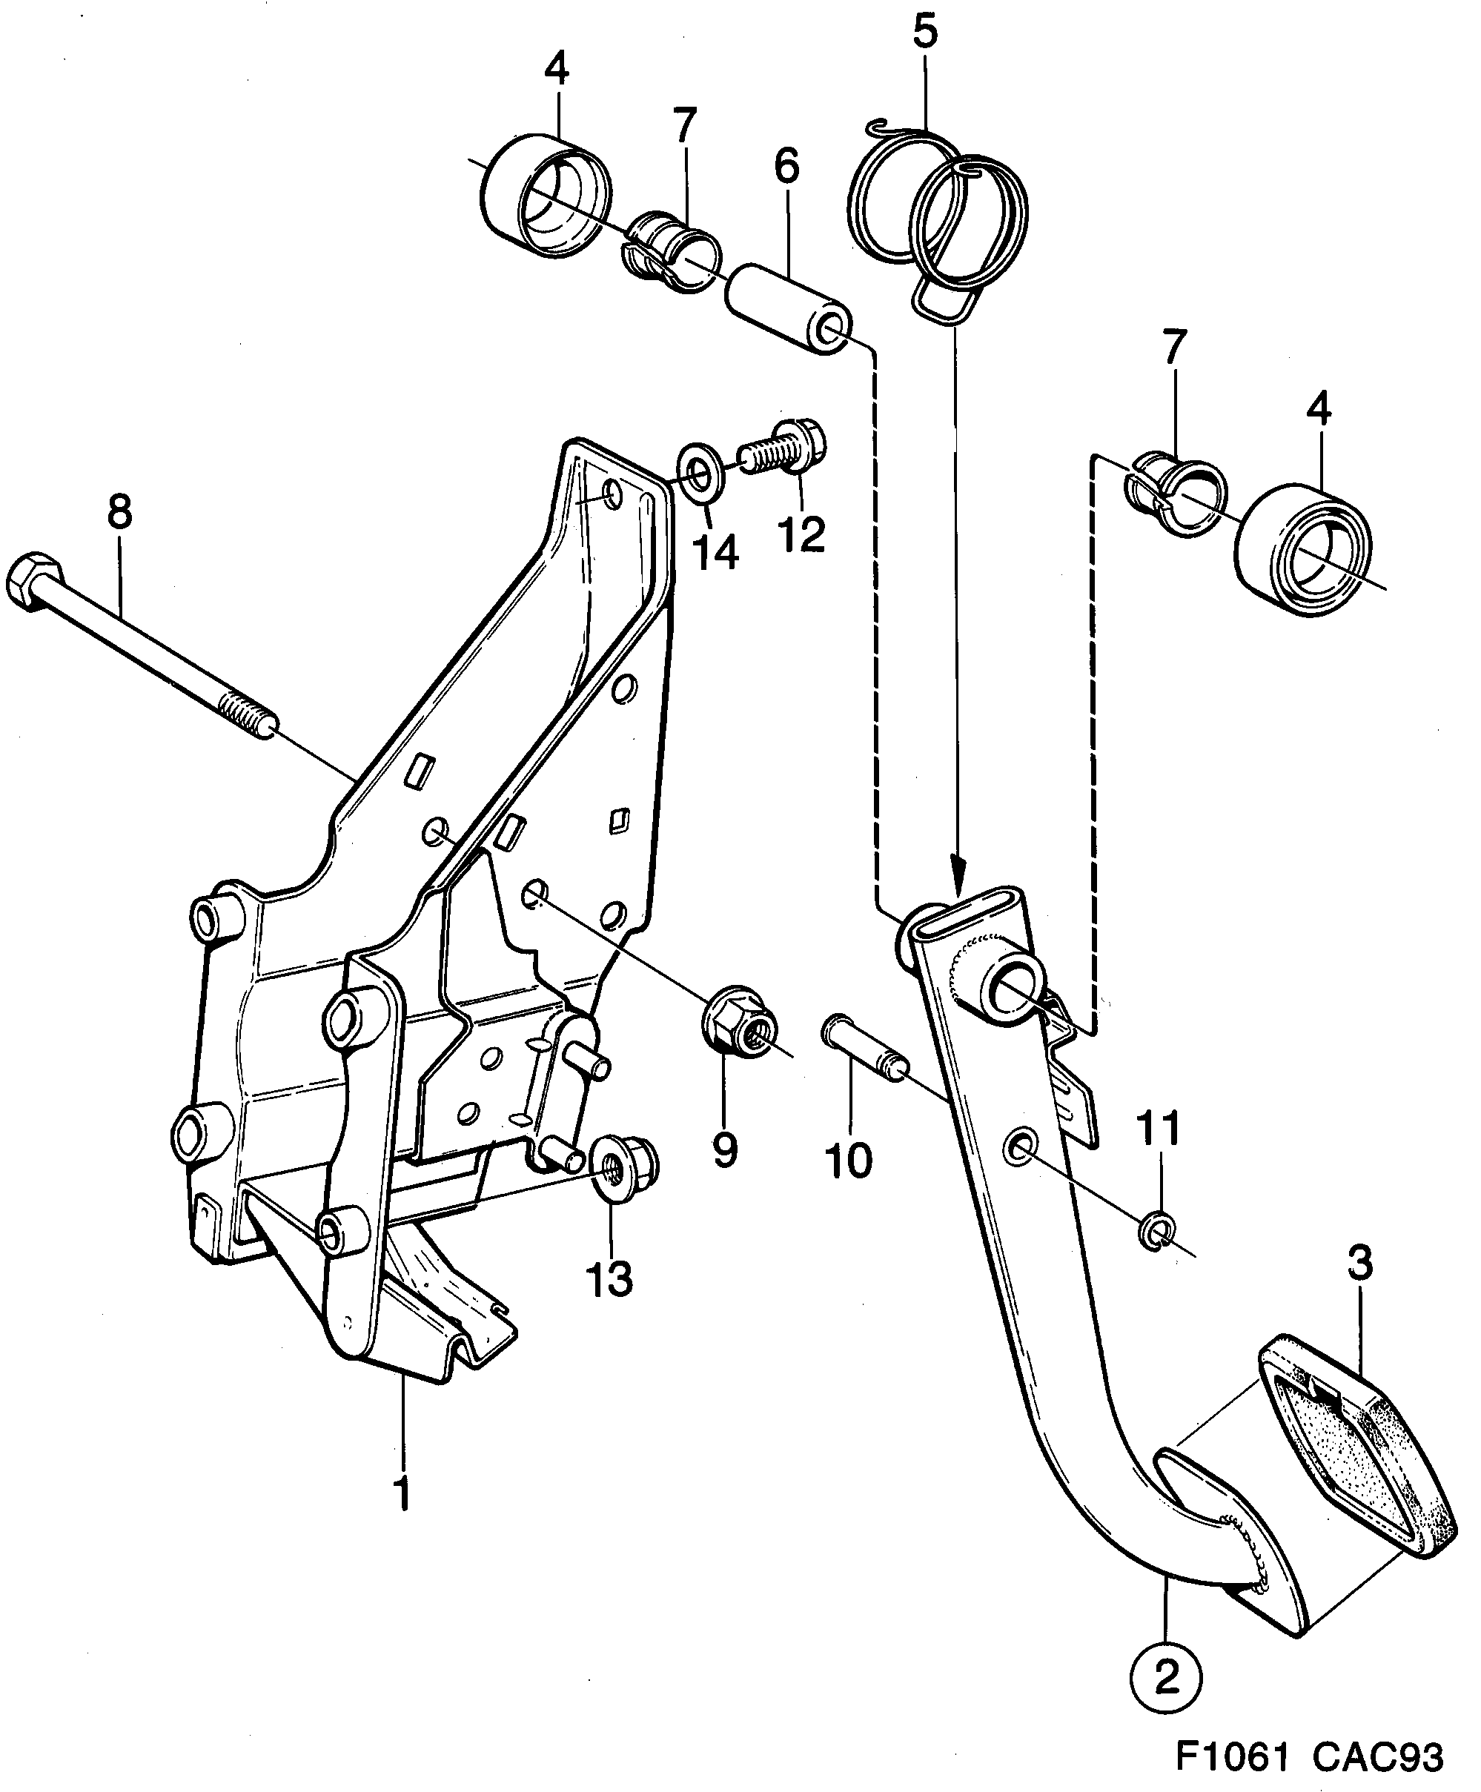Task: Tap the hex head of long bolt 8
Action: [x=33, y=583]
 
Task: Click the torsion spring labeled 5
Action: [x=938, y=213]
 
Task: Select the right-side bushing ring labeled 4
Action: [x=1300, y=549]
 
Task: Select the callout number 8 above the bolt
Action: [x=119, y=512]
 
